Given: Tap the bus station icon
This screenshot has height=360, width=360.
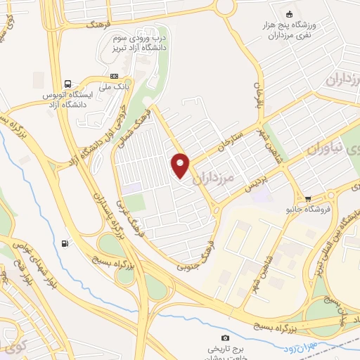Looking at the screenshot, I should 68,82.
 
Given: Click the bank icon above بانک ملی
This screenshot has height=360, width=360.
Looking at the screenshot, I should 115,76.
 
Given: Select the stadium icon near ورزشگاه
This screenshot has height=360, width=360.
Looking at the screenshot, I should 288,14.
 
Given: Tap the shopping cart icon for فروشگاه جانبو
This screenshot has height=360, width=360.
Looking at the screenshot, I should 307,198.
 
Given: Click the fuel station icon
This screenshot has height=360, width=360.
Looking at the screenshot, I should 65,243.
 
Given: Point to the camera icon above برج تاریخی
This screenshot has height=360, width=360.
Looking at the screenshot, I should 225,338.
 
